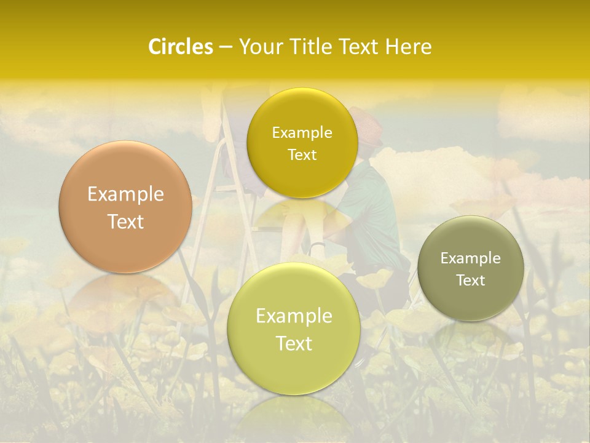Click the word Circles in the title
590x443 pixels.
tap(180, 47)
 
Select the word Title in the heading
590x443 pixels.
tap(312, 47)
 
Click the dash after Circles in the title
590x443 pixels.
tap(225, 47)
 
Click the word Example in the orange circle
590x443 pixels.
tap(125, 194)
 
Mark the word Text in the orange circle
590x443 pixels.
tap(125, 221)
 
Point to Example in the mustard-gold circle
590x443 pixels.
tap(302, 132)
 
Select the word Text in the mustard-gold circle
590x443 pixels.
tap(302, 154)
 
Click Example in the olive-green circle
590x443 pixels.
tap(471, 258)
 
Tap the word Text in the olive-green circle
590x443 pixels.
tap(471, 280)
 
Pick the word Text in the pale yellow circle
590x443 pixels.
tap(294, 343)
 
